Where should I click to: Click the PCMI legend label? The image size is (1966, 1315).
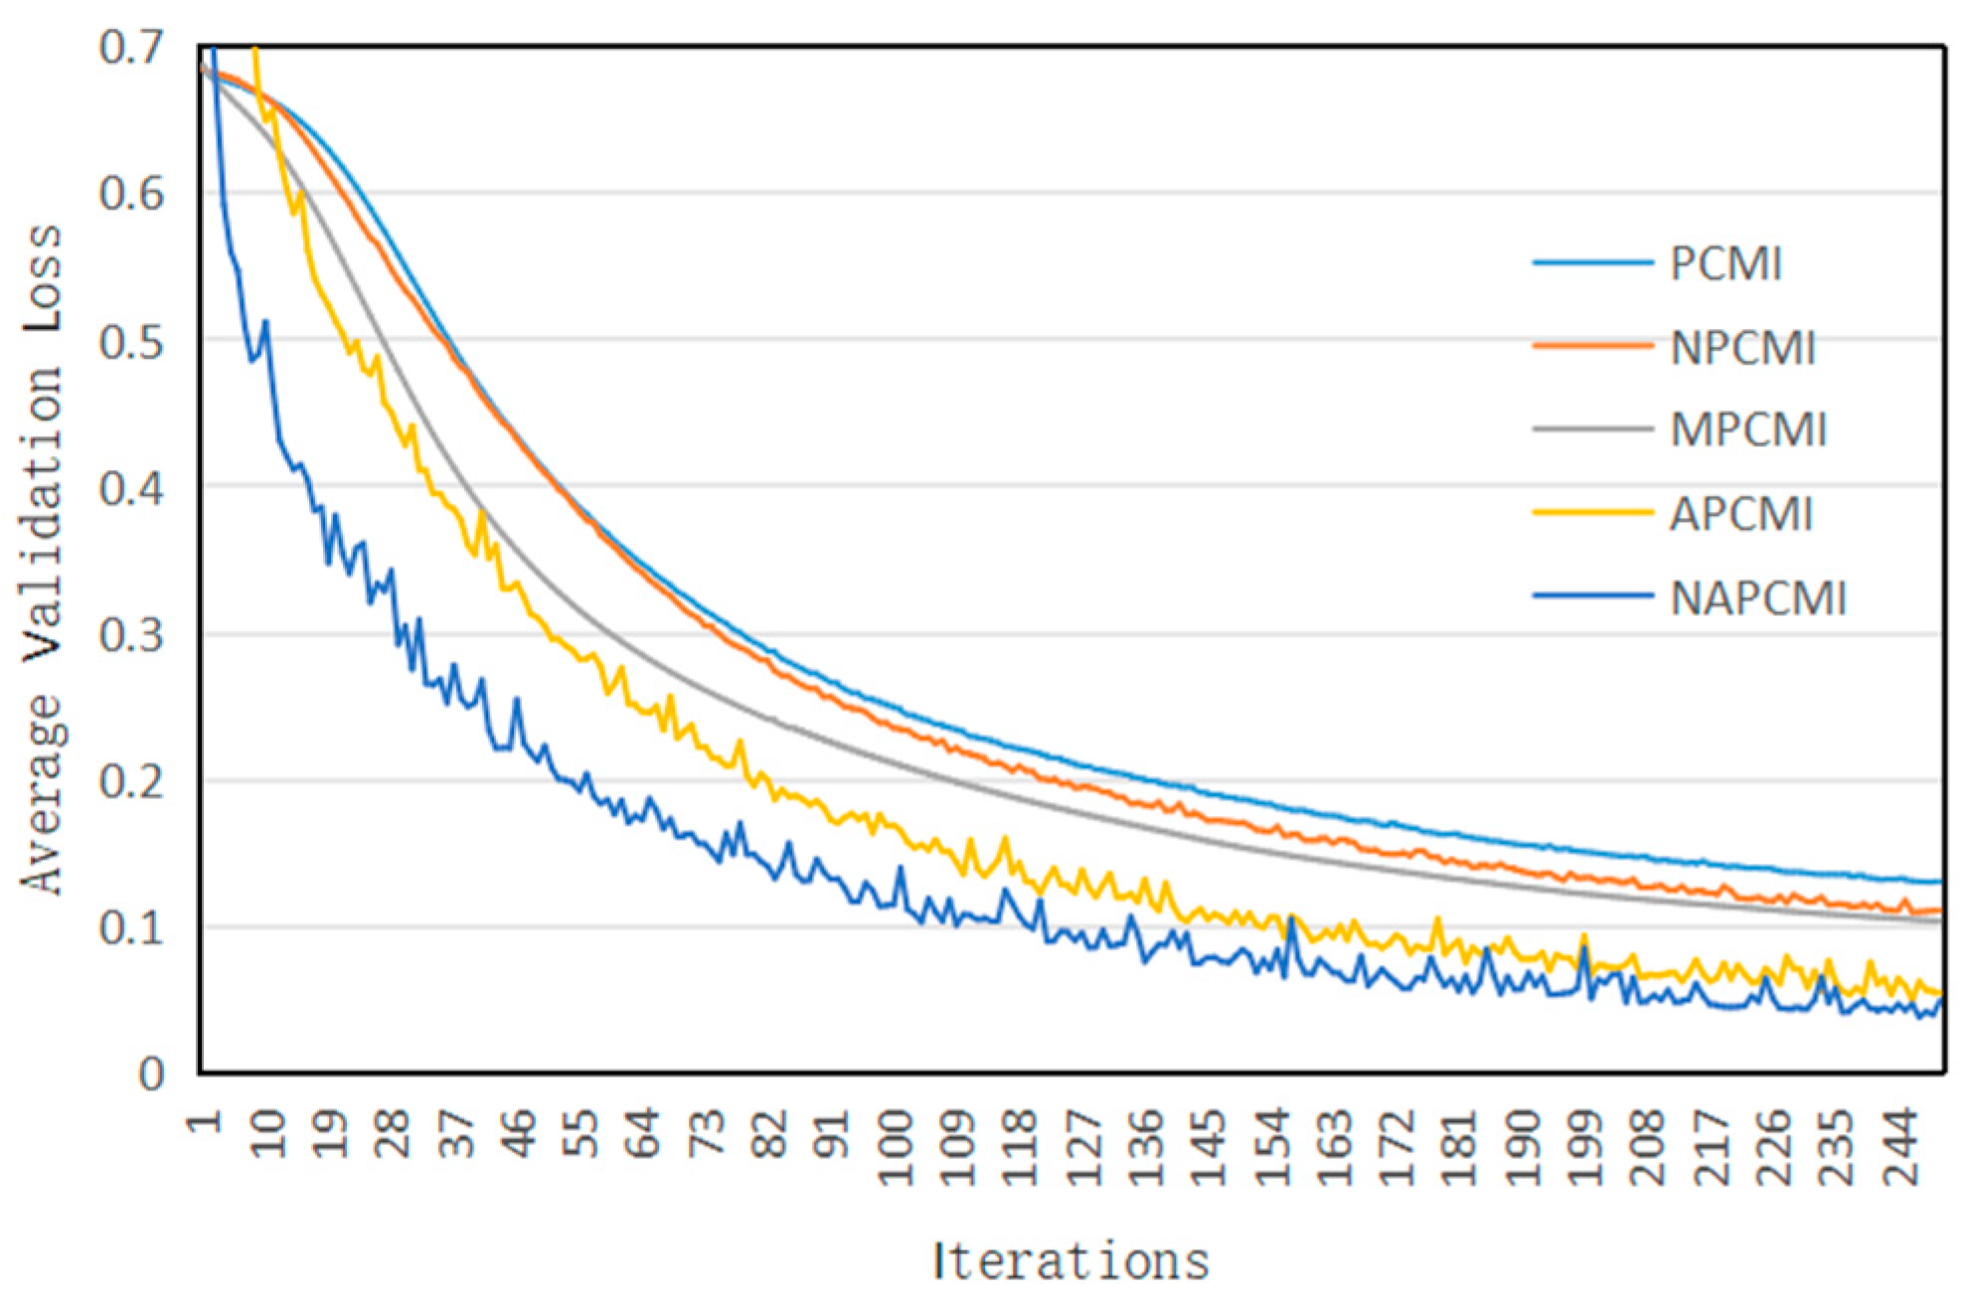tap(1725, 264)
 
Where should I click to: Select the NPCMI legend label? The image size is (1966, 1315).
tap(1742, 349)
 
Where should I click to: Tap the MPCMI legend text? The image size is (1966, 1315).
tap(1748, 430)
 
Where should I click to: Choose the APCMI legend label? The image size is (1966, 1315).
tap(1740, 515)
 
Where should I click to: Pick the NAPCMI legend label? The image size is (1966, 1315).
tap(1757, 599)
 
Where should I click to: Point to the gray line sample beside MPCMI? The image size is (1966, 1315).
tap(1592, 429)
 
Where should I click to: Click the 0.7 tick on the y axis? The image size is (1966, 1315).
tap(131, 48)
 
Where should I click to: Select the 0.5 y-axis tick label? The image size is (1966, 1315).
tap(131, 343)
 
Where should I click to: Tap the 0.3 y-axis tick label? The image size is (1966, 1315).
tap(131, 636)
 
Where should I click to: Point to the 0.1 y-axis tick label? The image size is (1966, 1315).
tap(131, 928)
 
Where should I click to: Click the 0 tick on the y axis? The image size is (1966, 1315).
tap(151, 1074)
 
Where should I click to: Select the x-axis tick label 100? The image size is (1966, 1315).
tap(896, 1148)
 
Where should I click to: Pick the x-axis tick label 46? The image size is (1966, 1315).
tap(518, 1135)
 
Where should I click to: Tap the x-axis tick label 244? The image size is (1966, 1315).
tap(1901, 1148)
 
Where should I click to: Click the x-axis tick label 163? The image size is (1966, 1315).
tap(1335, 1148)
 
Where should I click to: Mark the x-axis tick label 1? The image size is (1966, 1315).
tap(204, 1123)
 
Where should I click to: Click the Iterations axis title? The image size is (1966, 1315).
tap(1070, 1261)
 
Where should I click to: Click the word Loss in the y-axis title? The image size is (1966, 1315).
tap(43, 278)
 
